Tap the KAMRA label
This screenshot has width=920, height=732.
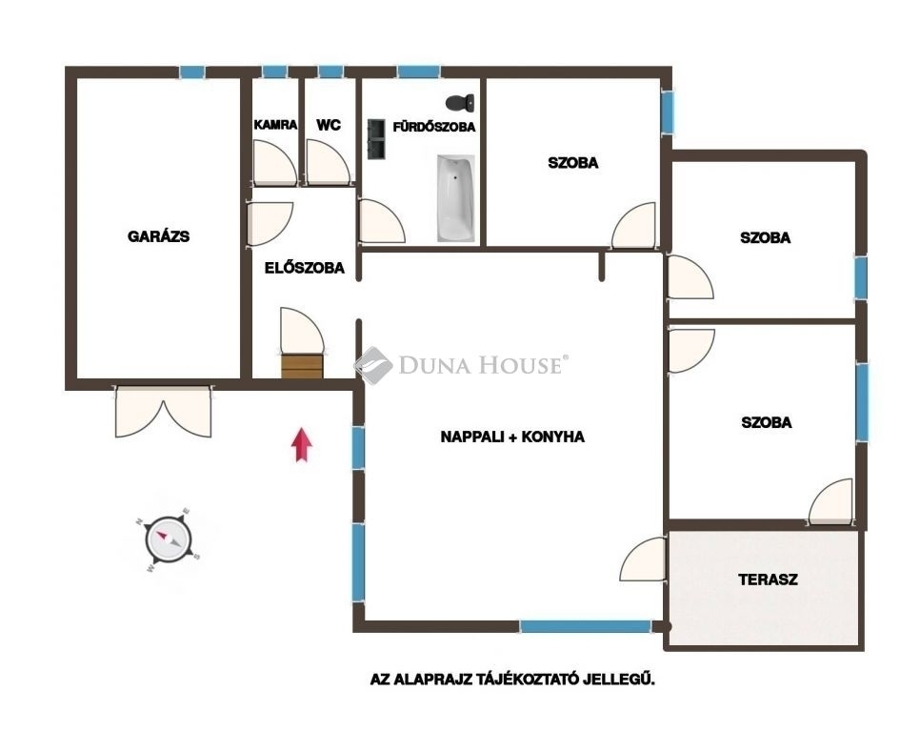pos(275,125)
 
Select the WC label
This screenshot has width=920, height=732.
pos(329,125)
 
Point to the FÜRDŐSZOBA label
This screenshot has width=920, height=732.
pos(433,127)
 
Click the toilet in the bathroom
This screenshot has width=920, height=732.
pos(460,103)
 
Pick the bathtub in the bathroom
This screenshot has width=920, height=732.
pos(456,198)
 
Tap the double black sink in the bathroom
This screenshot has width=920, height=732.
pos(376,139)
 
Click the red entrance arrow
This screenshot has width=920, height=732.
pos(302,445)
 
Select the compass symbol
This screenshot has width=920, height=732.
pos(169,539)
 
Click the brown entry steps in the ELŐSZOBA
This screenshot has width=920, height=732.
pos(302,366)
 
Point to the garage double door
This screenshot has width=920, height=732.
pos(163,411)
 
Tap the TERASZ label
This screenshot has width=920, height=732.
pos(768,579)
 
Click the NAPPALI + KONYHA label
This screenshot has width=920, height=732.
pos(512,437)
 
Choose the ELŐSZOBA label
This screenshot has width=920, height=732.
pos(305,268)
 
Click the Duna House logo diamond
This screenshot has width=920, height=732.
pos(373,365)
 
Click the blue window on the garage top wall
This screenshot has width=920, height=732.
pos(192,72)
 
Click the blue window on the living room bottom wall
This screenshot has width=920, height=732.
pos(586,626)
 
